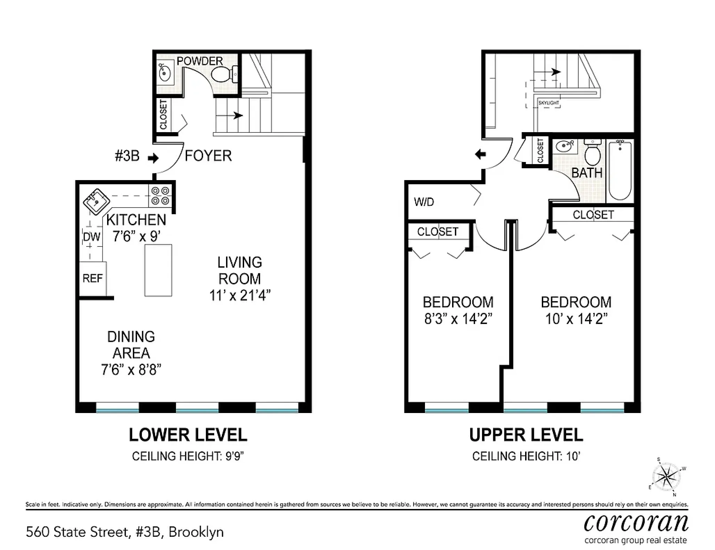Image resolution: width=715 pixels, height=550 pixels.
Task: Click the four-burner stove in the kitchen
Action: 160,196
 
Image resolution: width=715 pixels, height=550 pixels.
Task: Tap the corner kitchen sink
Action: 96,202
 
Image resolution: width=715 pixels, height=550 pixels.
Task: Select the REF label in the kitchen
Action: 93,278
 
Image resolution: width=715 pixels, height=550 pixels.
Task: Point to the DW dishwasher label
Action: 92,237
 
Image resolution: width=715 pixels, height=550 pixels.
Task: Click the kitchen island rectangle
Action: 158,270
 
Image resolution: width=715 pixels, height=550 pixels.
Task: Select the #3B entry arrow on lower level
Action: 153,159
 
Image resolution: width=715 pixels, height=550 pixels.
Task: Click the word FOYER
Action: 208,156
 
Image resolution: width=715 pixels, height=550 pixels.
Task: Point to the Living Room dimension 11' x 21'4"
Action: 240,296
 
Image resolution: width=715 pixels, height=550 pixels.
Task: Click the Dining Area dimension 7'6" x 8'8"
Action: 131,370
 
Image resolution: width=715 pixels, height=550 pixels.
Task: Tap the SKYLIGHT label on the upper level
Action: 548,103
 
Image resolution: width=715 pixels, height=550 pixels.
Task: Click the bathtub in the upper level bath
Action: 620,170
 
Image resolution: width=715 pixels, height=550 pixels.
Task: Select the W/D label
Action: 424,202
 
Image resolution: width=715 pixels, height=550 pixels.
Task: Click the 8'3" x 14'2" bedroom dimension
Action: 458,318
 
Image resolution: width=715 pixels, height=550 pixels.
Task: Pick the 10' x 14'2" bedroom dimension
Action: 576,318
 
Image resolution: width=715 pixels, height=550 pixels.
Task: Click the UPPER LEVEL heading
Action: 526,435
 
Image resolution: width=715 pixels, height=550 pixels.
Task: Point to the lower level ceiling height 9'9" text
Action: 188,456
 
